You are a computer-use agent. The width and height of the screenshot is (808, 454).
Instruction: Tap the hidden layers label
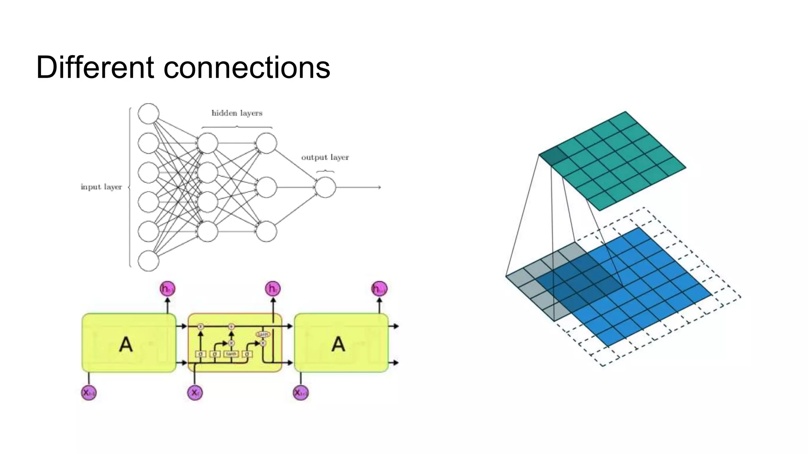pos(237,113)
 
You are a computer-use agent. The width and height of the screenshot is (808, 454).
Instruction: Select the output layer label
pos(325,157)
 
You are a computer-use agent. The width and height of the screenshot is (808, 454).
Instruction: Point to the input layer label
pos(101,187)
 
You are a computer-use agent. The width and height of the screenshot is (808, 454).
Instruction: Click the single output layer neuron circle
pos(325,187)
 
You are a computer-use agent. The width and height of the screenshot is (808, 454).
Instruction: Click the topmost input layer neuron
pos(148,113)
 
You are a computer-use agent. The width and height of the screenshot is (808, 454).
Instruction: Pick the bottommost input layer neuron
pos(148,261)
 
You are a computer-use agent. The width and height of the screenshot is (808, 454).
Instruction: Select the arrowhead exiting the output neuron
pos(379,187)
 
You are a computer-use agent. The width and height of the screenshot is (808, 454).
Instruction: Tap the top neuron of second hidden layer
pos(266,143)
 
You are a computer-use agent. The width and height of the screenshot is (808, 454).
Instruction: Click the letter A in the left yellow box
pos(126,344)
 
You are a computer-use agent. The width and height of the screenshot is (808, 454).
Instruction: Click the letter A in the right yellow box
pos(338,344)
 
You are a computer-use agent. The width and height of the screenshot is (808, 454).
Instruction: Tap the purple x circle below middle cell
pos(195,393)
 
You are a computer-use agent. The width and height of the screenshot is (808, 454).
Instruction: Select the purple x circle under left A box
pos(89,393)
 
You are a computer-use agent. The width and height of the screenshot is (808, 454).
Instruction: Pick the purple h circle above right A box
pos(379,289)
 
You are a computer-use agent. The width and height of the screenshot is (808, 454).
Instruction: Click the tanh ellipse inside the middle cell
pos(263,334)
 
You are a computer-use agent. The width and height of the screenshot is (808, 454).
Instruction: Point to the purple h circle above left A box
pos(167,289)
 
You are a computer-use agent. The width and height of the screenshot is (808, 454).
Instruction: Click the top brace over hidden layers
pos(237,127)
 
